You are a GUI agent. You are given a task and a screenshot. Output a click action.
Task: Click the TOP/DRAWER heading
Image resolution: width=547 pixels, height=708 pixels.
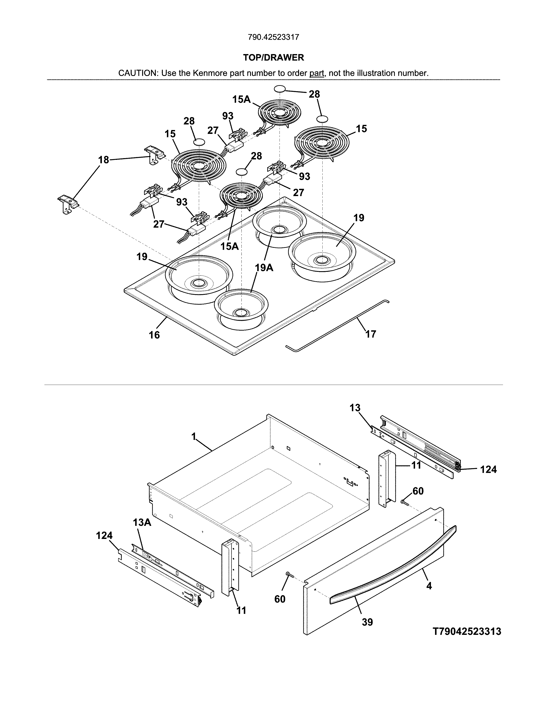coord(273,58)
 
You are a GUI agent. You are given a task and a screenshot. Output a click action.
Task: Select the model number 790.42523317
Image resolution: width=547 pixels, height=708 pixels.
coord(273,37)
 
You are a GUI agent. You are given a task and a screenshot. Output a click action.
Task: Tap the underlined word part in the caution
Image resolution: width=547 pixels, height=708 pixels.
coord(317,73)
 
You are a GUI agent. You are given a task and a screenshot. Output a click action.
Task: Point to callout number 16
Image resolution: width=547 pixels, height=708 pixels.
coord(154,335)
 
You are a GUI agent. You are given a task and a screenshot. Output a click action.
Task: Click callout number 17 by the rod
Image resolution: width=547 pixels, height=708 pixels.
coord(371,334)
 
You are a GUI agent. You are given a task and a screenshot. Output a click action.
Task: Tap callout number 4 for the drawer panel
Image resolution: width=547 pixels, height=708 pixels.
coord(429,586)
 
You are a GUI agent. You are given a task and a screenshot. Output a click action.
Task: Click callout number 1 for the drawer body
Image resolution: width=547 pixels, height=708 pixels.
coord(194,437)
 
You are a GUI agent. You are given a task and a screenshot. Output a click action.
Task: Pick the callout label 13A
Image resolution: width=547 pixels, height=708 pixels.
coord(142,522)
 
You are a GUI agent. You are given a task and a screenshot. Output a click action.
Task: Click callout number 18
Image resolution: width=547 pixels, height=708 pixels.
coord(104,160)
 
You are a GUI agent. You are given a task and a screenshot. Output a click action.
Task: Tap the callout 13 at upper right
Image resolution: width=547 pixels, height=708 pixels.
coord(355,408)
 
